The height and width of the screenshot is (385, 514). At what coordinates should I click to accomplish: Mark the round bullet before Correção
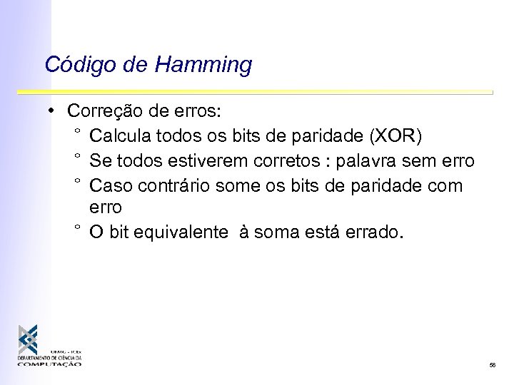(52, 111)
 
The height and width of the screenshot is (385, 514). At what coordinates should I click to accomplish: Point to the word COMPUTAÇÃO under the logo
(50, 364)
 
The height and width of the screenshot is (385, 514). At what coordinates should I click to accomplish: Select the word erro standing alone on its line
(106, 207)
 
